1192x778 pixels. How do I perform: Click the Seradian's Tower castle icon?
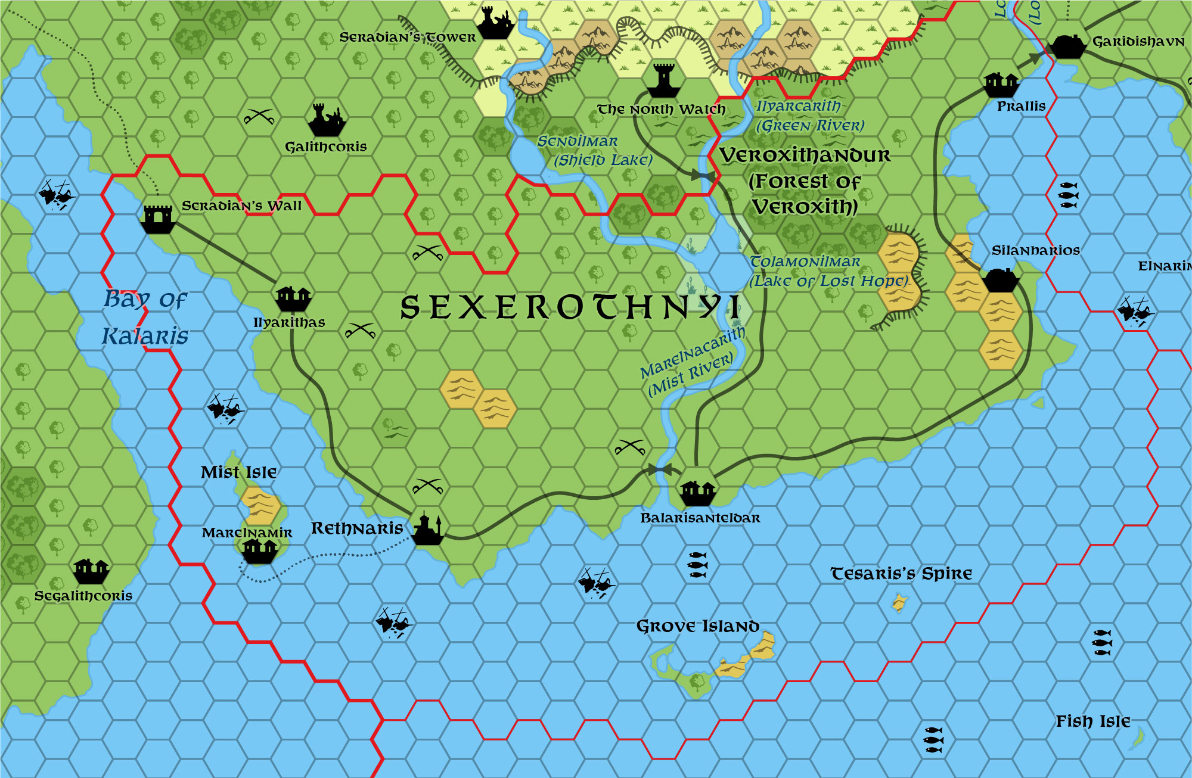(495, 24)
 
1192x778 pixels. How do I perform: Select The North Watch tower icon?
(663, 80)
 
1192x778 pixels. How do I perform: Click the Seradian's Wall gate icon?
(158, 218)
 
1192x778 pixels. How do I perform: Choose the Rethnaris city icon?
(428, 529)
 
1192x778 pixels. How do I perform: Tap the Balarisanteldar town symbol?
(697, 492)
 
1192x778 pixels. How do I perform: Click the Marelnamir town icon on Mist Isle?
(259, 550)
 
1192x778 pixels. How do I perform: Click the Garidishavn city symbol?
(1067, 45)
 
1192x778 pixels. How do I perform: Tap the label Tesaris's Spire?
(901, 574)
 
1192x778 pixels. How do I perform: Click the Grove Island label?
(697, 627)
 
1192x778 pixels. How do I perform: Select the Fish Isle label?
(1093, 721)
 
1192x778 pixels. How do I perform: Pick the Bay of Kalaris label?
(145, 317)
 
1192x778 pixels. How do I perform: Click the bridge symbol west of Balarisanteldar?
(660, 469)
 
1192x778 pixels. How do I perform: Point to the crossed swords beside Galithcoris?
(259, 117)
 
